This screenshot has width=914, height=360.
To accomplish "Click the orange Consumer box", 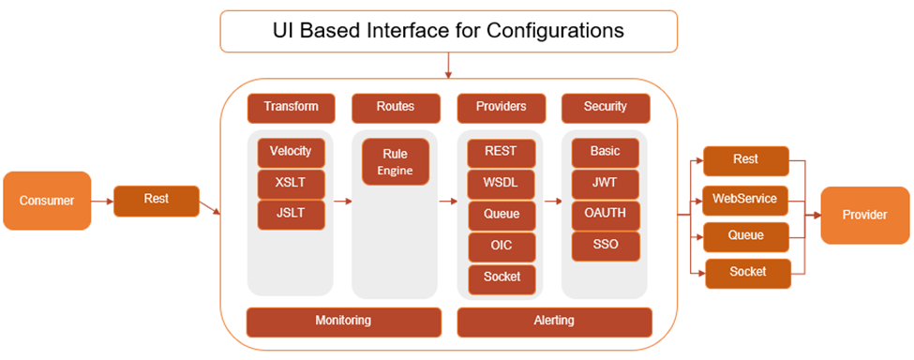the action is coord(47,201).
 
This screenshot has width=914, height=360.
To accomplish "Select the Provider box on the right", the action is coord(864,215).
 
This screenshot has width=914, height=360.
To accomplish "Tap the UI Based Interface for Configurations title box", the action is coord(448,32).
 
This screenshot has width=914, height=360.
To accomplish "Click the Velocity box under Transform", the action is coord(291,153).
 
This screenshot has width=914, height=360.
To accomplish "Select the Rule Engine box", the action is coord(396,162).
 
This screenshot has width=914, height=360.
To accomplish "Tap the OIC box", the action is coord(502,246).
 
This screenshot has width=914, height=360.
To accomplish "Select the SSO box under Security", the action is coord(605,246).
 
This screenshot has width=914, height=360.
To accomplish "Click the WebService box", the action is coord(745,201).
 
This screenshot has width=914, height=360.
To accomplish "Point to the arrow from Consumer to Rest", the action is coord(102,202).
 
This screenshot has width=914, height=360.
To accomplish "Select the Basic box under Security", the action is coord(605,153).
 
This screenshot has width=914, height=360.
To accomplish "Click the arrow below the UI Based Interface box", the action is coord(448,66).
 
